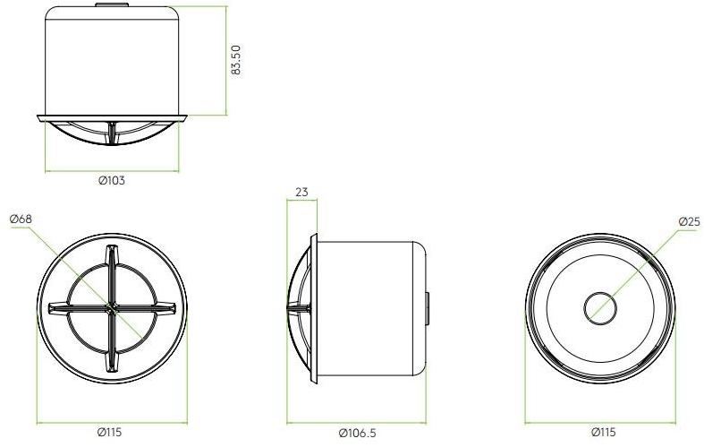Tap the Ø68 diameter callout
(x=21, y=219)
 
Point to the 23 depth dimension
(x=301, y=191)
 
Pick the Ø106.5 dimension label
(x=358, y=433)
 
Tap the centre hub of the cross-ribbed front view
(x=111, y=309)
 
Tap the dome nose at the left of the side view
(x=292, y=309)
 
